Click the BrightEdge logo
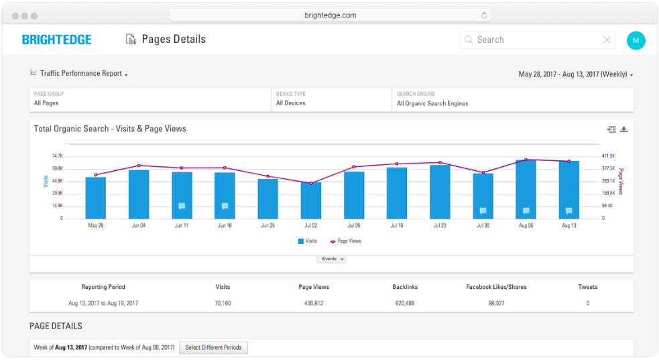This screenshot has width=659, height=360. click(57, 40)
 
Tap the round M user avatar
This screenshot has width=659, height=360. click(636, 40)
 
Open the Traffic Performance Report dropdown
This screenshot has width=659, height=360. click(80, 74)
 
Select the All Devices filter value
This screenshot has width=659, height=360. click(290, 103)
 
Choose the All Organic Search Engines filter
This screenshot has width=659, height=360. click(432, 103)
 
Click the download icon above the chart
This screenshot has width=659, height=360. click(623, 129)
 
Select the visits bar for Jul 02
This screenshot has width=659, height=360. click(311, 200)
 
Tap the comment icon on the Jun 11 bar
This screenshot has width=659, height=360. click(182, 206)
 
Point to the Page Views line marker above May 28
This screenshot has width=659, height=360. click(96, 174)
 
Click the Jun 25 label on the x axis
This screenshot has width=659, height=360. click(267, 226)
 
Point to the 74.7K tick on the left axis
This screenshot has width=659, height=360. click(57, 156)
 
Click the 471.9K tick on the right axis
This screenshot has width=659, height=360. click(608, 156)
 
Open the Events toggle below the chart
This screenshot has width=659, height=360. click(331, 259)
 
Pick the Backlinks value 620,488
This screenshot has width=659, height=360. click(405, 303)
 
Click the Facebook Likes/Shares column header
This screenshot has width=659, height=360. click(496, 287)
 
